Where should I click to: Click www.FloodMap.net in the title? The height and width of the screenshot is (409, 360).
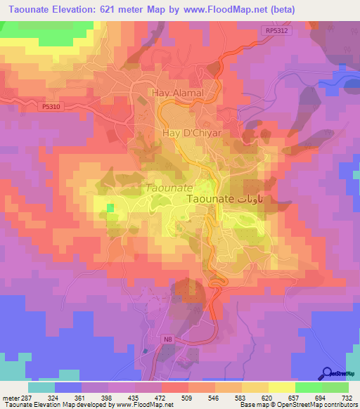(230, 9)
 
